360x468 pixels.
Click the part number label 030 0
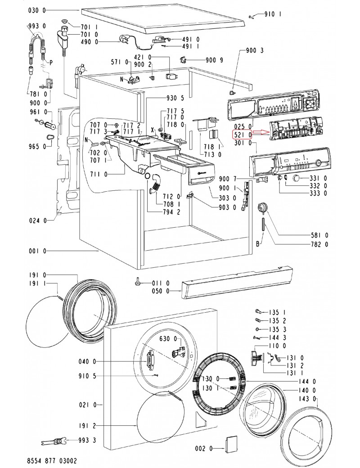click(x=37, y=11)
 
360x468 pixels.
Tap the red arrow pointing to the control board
click(x=261, y=132)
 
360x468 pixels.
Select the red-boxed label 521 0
click(x=243, y=135)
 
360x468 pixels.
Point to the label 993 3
click(x=87, y=440)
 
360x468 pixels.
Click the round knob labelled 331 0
click(x=297, y=178)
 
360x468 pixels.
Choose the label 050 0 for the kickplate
click(x=160, y=291)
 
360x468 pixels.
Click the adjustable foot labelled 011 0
click(x=138, y=281)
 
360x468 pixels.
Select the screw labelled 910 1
click(x=252, y=17)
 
